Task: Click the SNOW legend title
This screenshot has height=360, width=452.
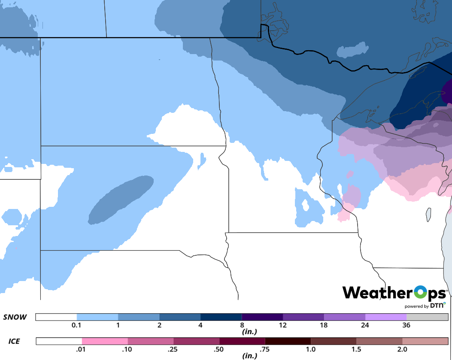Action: click(x=15, y=318)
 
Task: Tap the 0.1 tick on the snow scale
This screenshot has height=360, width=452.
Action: click(x=76, y=325)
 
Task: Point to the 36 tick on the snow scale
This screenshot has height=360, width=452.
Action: click(x=406, y=325)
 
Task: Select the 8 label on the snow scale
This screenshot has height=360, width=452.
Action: click(x=242, y=325)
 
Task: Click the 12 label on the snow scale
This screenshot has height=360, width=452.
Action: click(x=282, y=325)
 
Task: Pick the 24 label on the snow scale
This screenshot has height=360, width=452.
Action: click(x=365, y=325)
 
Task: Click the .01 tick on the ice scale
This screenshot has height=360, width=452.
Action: click(x=82, y=349)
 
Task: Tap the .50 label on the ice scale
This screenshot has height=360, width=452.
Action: click(x=219, y=349)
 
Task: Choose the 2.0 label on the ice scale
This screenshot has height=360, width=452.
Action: click(x=402, y=349)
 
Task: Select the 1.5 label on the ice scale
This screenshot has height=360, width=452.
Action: click(x=356, y=349)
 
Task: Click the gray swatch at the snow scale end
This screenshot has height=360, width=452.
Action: click(x=427, y=317)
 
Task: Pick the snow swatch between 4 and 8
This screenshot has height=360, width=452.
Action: click(x=221, y=317)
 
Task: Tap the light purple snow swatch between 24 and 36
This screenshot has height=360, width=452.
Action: click(x=386, y=317)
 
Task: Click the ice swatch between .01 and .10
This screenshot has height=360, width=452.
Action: click(x=105, y=341)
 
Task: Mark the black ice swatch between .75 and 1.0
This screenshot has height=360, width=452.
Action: click(x=288, y=341)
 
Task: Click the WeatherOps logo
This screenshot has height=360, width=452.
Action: click(x=394, y=293)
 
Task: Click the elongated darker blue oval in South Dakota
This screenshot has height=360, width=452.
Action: click(x=121, y=200)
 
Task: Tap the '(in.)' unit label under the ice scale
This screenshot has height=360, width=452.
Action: click(x=249, y=356)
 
